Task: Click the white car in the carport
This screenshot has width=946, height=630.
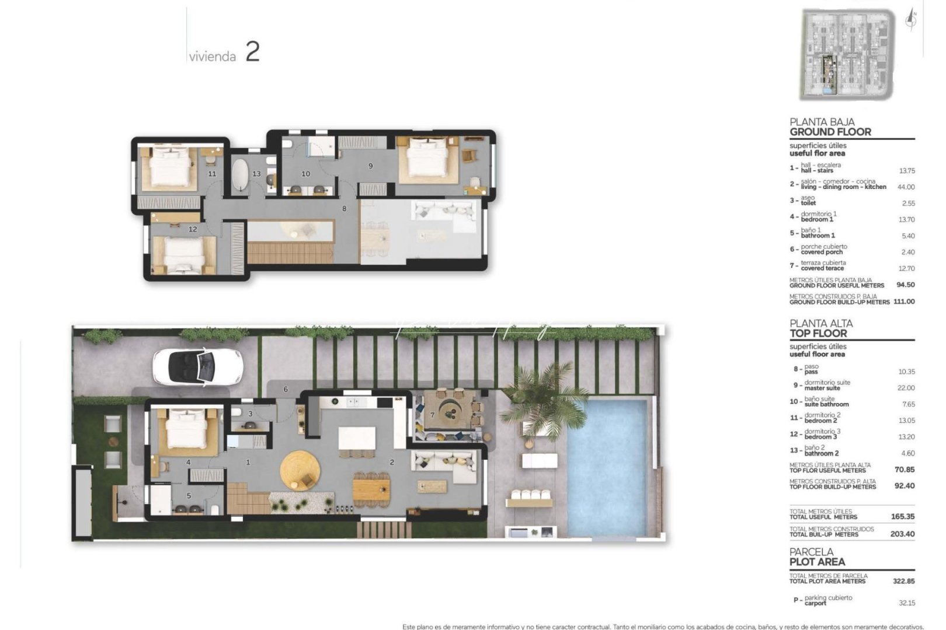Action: click(197, 367)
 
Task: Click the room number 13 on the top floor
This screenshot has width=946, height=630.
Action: click(256, 174)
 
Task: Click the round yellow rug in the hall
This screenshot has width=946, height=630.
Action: click(300, 471)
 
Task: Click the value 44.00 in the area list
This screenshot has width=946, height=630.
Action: click(906, 187)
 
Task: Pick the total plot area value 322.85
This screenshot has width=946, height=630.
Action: click(903, 581)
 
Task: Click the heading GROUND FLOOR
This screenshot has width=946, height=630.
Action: click(830, 132)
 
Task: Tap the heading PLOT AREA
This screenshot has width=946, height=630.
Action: click(817, 562)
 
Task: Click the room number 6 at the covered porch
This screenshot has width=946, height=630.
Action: click(286, 389)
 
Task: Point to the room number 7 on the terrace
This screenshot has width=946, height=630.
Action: click(432, 415)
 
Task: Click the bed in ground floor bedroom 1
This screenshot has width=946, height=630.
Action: click(186, 429)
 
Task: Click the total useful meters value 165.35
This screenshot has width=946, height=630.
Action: click(903, 516)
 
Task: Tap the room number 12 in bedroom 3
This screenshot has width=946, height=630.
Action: click(193, 229)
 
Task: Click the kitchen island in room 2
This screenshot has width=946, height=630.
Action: click(357, 437)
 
